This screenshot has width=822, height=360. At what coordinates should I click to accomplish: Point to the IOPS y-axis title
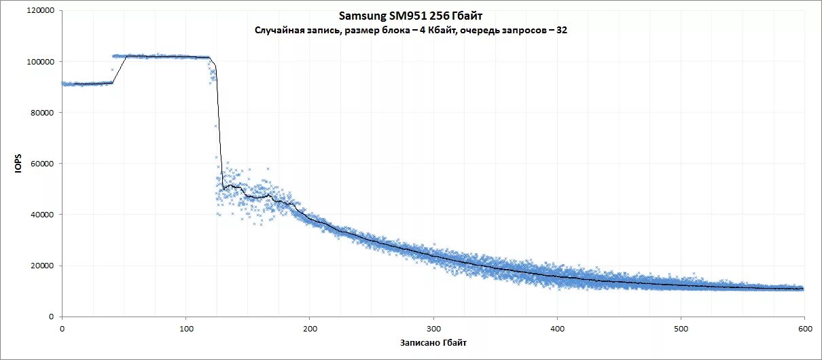[x=19, y=164]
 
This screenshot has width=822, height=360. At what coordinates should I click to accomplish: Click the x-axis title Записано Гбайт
[x=433, y=342]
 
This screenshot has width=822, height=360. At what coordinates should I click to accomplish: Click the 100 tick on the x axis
[x=186, y=328]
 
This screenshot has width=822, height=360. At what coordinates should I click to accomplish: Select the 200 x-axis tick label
[x=310, y=328]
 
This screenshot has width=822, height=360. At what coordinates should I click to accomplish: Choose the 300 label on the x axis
[x=433, y=328]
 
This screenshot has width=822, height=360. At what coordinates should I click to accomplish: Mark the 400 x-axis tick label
[x=557, y=328]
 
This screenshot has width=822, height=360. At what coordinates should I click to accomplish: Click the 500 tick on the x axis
[x=681, y=328]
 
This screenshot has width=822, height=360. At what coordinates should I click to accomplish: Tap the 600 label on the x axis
[x=804, y=328]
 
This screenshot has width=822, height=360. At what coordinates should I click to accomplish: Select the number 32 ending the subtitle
[x=562, y=30]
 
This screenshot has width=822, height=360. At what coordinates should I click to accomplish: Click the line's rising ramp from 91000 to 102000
[x=120, y=69]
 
